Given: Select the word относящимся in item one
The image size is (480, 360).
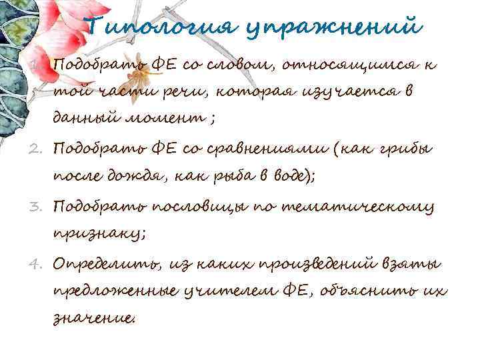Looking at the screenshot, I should (347, 65).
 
